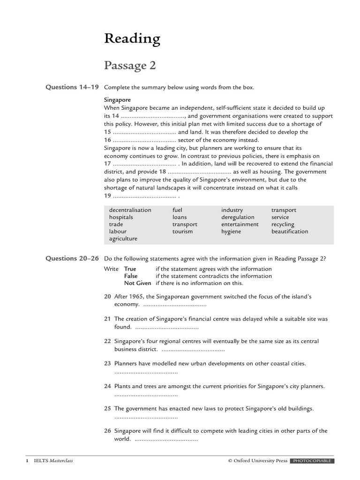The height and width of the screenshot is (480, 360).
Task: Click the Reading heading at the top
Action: tap(132, 39)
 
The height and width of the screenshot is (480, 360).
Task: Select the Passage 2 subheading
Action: tap(130, 66)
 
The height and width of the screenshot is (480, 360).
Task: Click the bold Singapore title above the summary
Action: tap(117, 100)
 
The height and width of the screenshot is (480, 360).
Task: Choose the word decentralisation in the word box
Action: tap(130, 210)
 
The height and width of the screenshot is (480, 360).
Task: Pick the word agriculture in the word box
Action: tap(123, 239)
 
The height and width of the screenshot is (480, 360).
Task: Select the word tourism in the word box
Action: tap(182, 232)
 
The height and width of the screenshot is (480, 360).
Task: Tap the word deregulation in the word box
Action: tap(238, 217)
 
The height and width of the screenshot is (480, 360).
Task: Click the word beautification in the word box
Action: tap(290, 232)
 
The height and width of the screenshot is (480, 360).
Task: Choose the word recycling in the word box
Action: tap(283, 225)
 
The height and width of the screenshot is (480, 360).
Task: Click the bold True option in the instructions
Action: tap(130, 269)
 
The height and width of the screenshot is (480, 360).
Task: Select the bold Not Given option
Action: tap(137, 283)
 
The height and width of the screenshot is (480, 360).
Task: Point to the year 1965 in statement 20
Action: tap(143, 297)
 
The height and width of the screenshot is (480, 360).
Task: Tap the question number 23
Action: tap(107, 363)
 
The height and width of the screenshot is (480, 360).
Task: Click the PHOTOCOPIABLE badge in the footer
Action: tap(312, 461)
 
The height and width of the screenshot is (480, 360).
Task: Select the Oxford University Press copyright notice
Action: tap(257, 461)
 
